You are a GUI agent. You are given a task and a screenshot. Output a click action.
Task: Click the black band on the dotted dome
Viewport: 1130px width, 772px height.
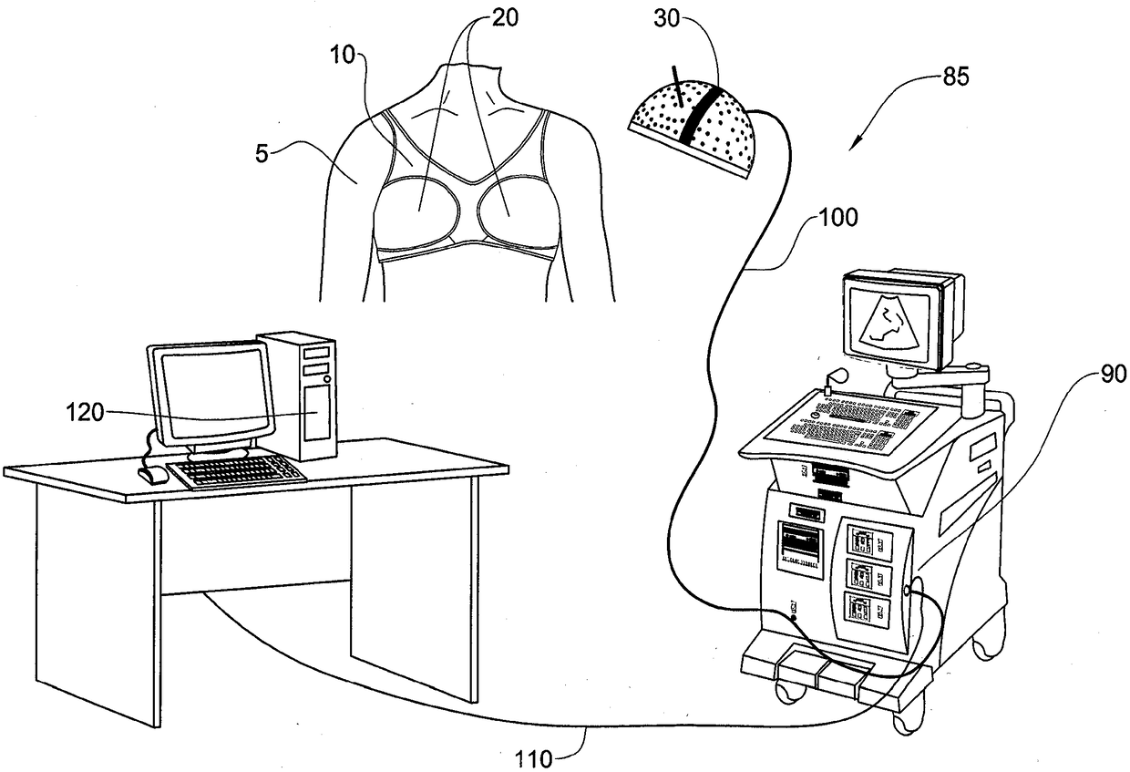[x=701, y=114]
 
